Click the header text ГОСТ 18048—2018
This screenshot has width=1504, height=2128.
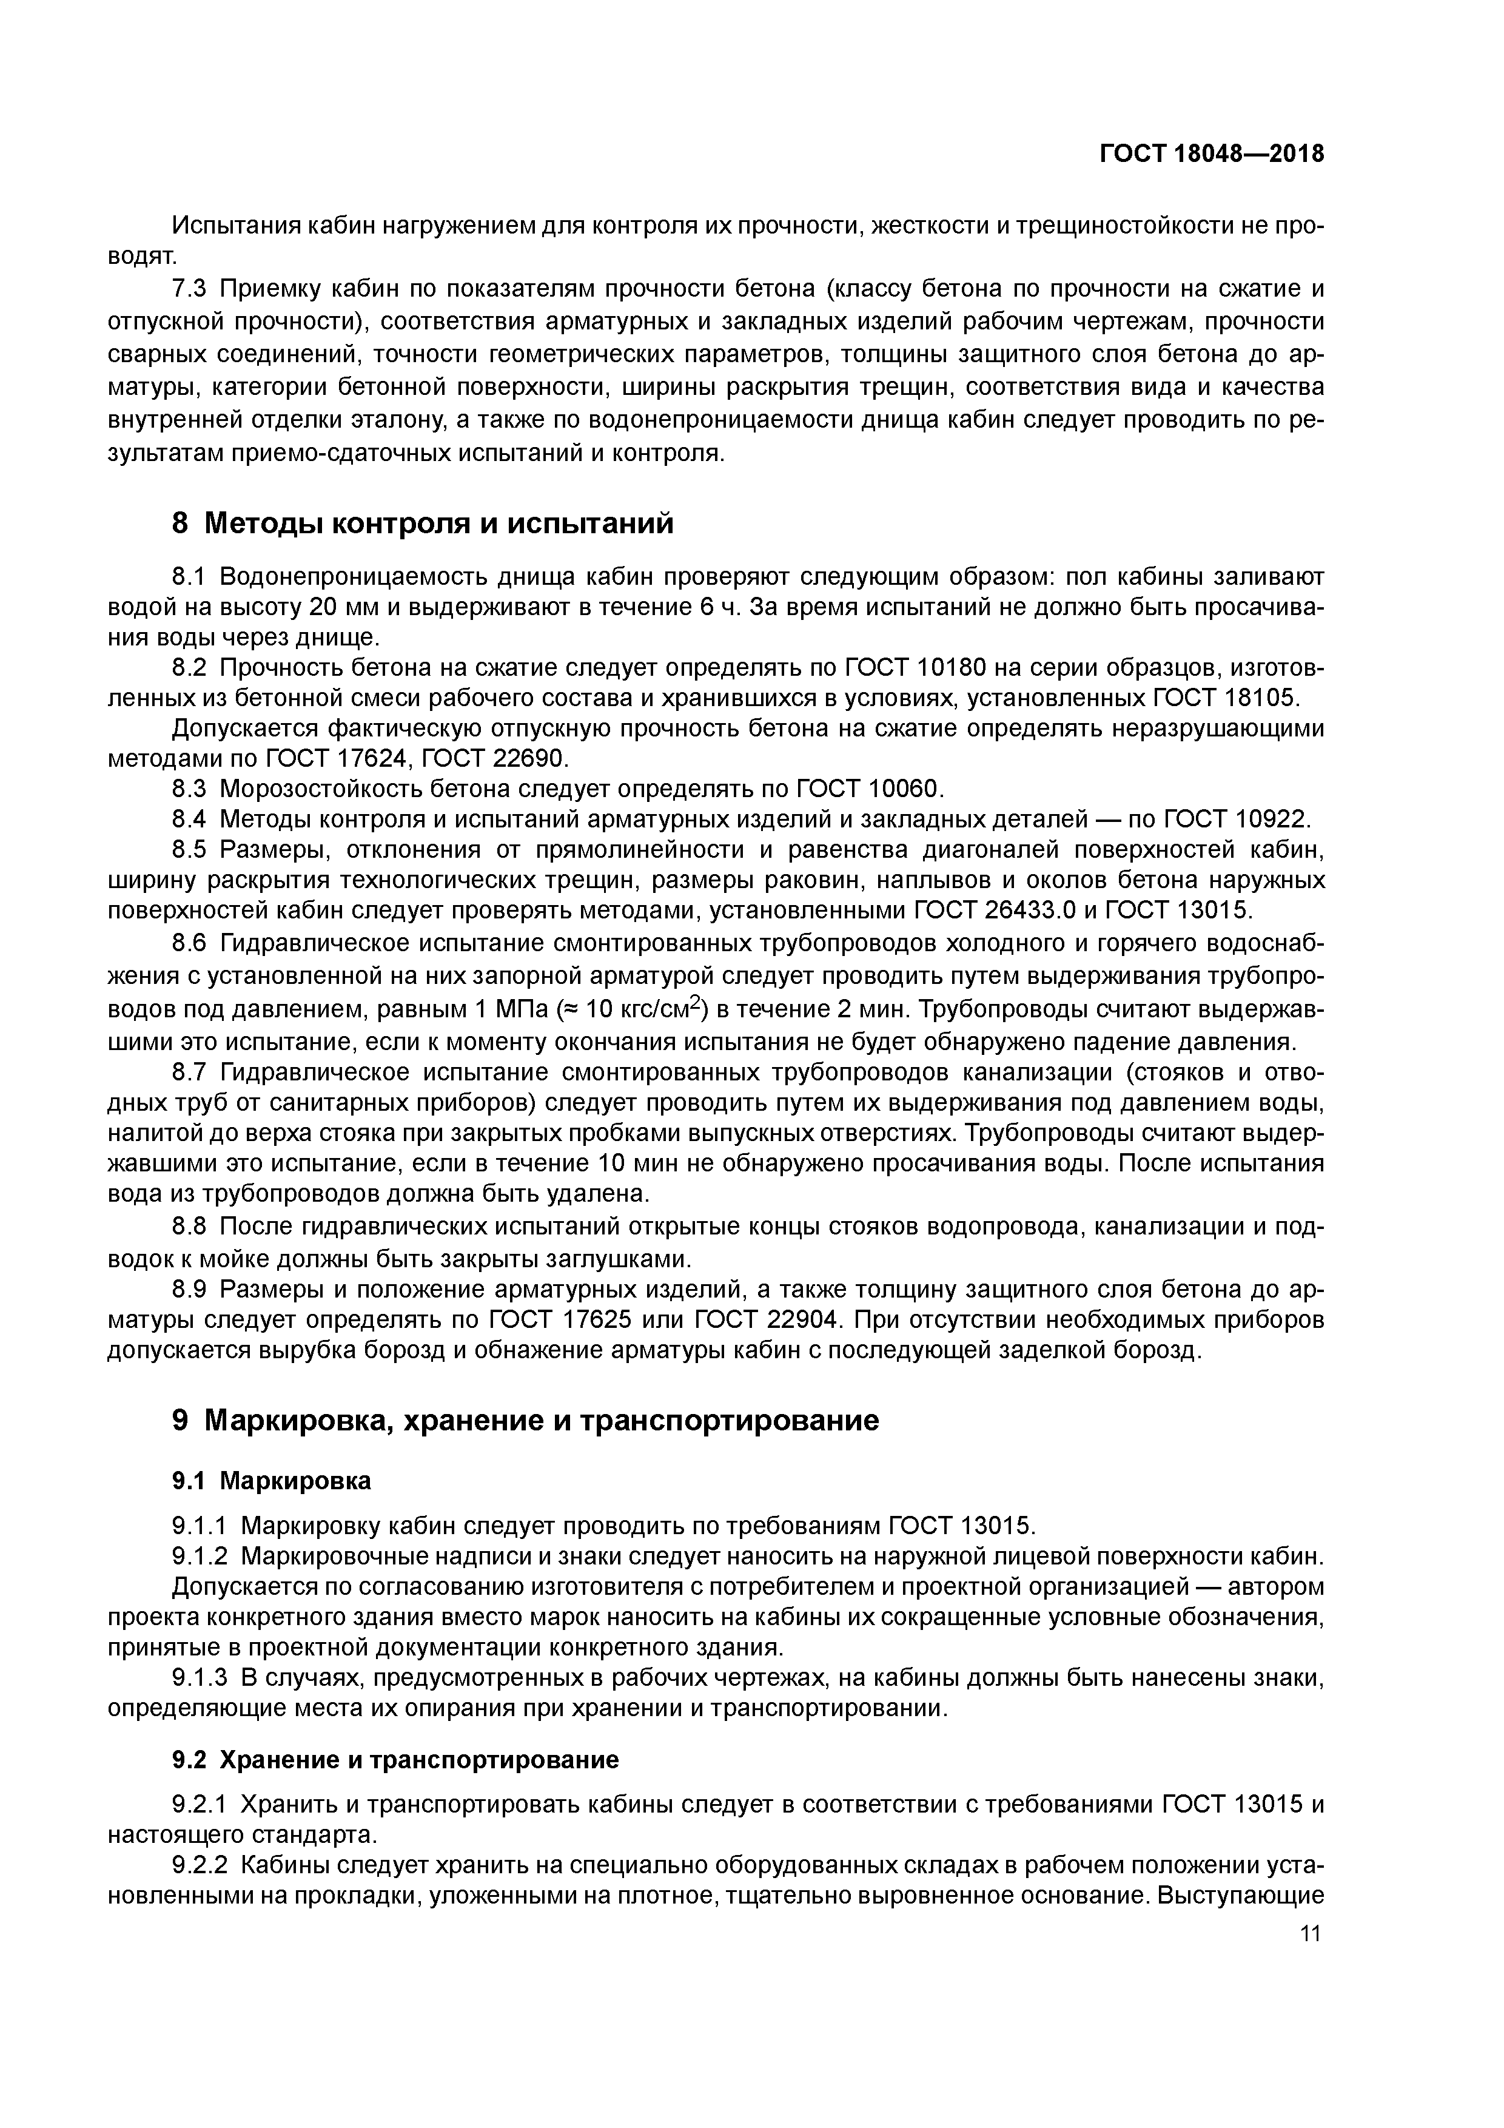coord(1211,154)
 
